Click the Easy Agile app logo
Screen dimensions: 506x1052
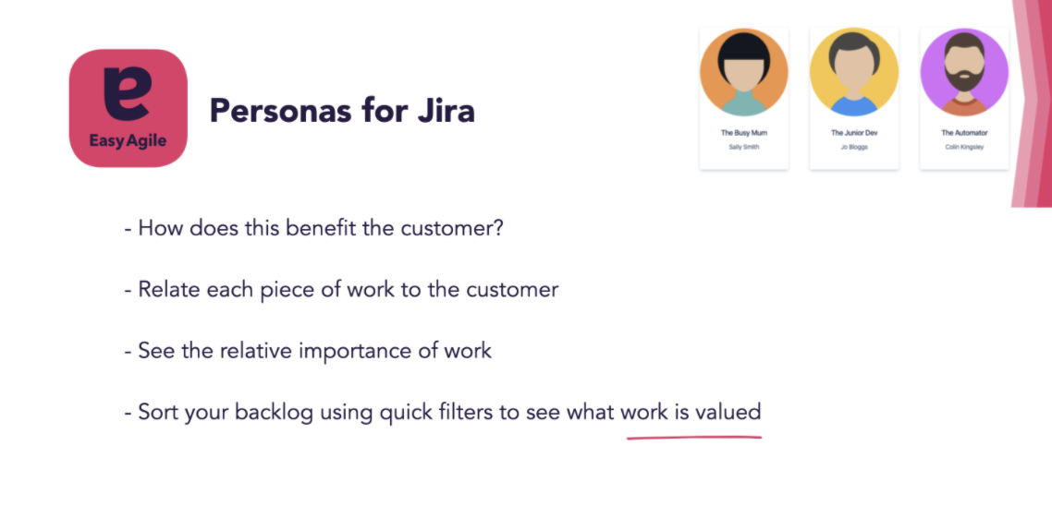(x=128, y=108)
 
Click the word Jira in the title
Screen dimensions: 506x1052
(x=445, y=111)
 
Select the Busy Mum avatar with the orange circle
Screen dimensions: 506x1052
(x=743, y=72)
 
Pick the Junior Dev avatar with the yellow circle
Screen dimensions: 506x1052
(x=853, y=72)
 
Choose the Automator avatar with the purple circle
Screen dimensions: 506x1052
(x=963, y=72)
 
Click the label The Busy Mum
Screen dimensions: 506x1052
(x=743, y=133)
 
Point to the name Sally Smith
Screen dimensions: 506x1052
(x=743, y=147)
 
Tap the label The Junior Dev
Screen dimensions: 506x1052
(x=853, y=133)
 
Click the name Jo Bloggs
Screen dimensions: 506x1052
(x=853, y=147)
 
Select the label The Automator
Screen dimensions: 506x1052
(x=963, y=133)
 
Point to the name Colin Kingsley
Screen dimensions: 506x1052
(x=963, y=147)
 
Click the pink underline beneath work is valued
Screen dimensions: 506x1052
(x=694, y=436)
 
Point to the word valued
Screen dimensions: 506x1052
(x=727, y=412)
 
